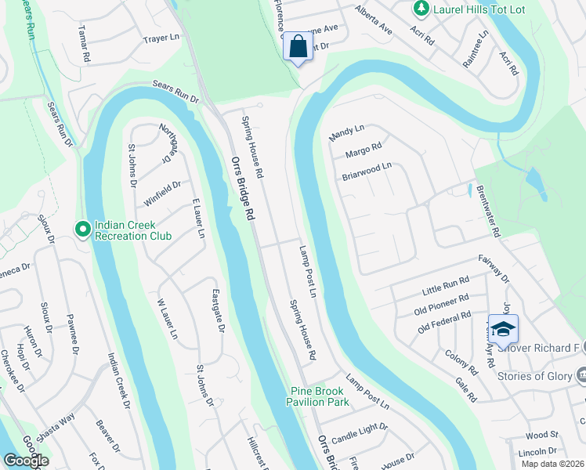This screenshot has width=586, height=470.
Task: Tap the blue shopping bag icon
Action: click(298, 46)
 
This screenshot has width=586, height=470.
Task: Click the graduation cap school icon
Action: click(503, 327)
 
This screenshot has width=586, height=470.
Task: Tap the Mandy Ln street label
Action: click(347, 132)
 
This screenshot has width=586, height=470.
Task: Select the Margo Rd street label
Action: click(362, 150)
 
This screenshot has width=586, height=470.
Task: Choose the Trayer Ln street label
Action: click(162, 38)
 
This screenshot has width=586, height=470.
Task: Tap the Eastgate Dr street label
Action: click(219, 312)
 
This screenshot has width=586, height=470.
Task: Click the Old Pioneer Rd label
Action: click(442, 303)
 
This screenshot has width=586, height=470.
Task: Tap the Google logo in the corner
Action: click(26, 461)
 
